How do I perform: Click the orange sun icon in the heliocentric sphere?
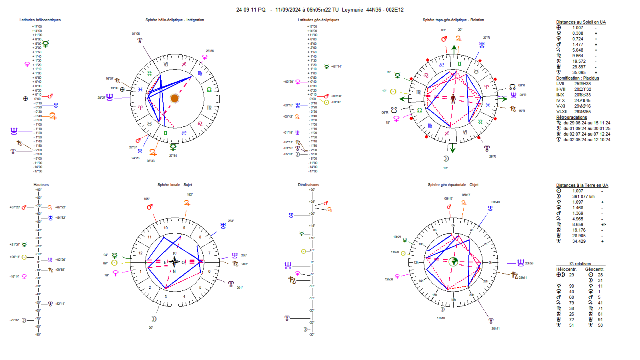point(174,98)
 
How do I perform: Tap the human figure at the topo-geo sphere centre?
point(453,98)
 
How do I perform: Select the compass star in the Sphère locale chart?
point(174,262)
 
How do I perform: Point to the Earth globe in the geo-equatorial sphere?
point(453,262)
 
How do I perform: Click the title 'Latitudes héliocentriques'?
point(40,20)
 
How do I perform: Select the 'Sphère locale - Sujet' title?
point(174,185)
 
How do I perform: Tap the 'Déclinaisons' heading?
point(308,185)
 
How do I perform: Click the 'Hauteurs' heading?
point(41,185)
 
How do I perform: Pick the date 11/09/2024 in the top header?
point(288,10)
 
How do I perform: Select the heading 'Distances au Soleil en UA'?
point(581,22)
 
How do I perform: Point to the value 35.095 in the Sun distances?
point(578,73)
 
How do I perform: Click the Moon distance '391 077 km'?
point(583,196)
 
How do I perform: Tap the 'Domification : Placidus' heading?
point(577,78)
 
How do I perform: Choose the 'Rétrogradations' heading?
point(572,117)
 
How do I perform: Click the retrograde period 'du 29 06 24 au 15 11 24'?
point(587,123)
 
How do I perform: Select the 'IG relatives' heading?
point(580,264)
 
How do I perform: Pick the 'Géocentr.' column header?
point(594,269)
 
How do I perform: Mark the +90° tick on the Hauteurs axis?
point(38,190)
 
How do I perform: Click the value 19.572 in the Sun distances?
point(578,62)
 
